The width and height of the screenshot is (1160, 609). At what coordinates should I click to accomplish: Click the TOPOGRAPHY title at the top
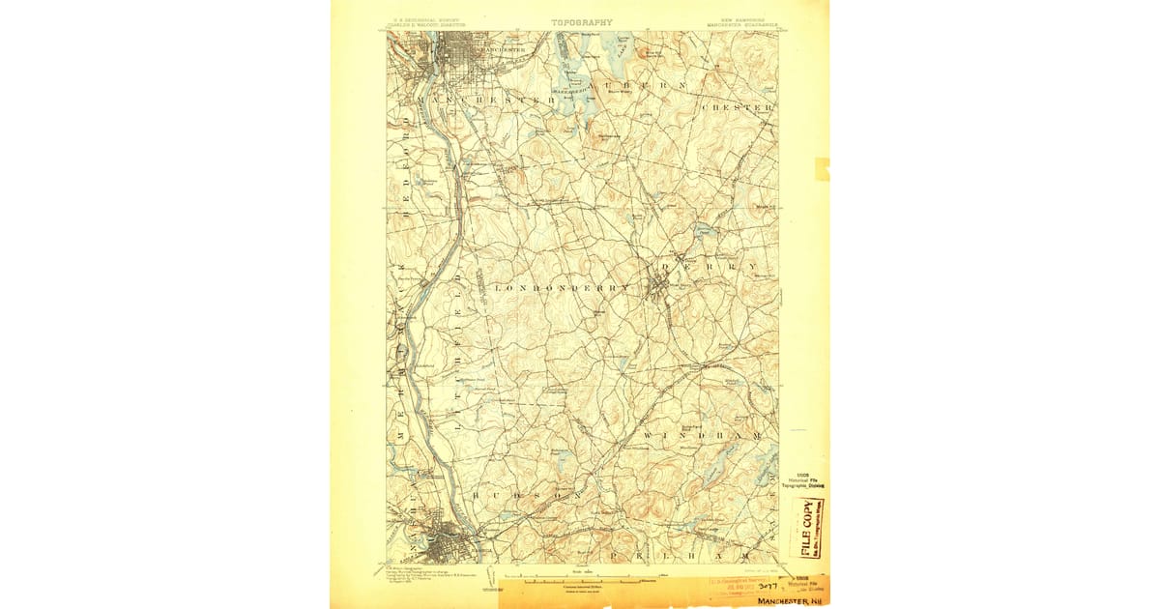click(x=582, y=21)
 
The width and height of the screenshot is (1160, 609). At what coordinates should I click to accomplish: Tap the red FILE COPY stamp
click(x=807, y=528)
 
